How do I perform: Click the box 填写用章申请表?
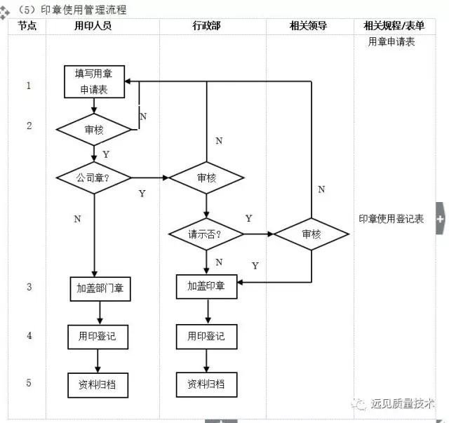click(93, 81)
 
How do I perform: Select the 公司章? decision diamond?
click(93, 177)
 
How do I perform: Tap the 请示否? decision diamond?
click(206, 234)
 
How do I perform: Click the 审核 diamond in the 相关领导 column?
click(311, 234)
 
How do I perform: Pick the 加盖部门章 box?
click(99, 288)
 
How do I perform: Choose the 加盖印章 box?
click(206, 286)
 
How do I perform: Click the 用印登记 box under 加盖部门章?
click(98, 336)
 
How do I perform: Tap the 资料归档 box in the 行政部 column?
click(206, 384)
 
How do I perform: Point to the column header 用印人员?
click(93, 26)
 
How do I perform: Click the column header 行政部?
click(206, 26)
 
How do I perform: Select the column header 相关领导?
click(308, 26)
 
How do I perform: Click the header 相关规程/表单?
click(394, 26)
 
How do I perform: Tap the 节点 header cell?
click(27, 26)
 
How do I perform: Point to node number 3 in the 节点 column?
click(29, 286)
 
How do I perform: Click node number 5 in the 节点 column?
click(29, 383)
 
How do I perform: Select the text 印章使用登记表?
click(391, 219)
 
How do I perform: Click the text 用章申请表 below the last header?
click(391, 42)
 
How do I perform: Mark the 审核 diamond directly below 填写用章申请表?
click(93, 130)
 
